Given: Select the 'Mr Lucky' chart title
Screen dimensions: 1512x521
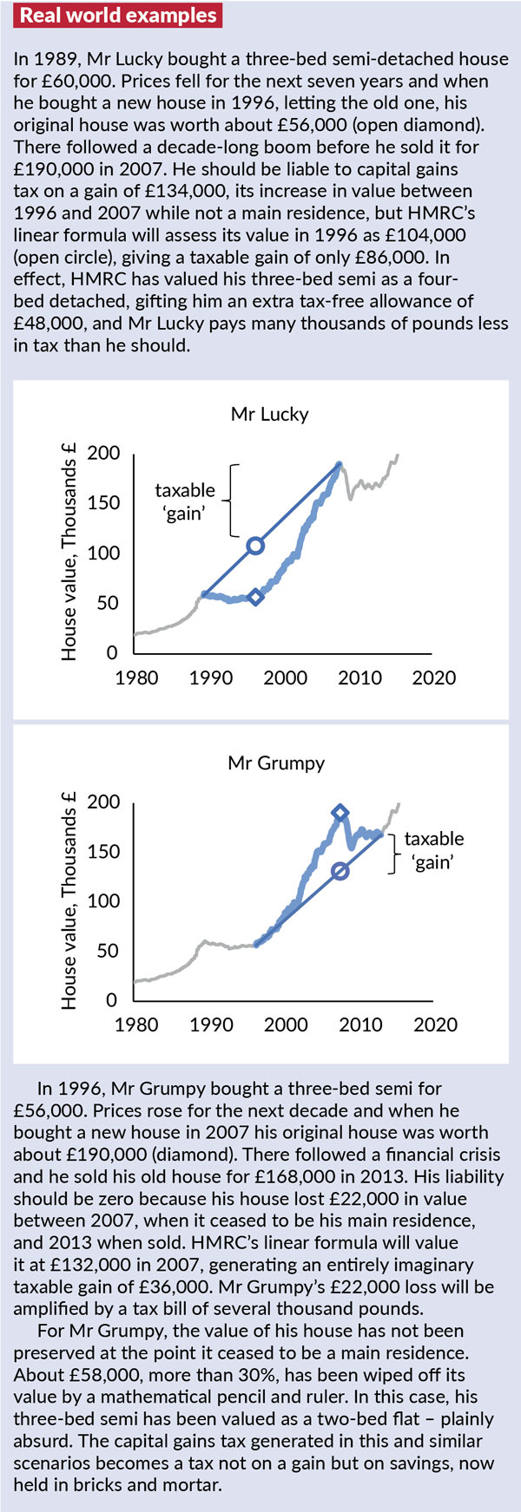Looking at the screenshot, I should coord(269,414).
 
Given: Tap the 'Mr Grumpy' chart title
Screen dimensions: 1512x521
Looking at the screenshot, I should coord(276,763).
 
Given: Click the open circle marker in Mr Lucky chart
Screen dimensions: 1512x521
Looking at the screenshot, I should coord(255,546).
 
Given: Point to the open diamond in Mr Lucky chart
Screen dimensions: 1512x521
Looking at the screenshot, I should coord(255,597).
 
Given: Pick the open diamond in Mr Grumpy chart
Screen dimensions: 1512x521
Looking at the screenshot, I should coord(340,813).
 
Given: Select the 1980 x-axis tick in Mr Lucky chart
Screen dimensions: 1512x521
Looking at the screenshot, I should coord(137,677).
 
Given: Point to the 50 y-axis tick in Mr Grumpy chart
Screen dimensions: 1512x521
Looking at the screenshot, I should coord(110,951).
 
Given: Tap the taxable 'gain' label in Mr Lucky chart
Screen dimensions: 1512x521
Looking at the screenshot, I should coord(185,501).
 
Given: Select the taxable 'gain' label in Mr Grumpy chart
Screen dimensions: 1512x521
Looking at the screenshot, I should coord(434,850).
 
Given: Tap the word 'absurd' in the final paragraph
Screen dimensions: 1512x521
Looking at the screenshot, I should coord(40,1443).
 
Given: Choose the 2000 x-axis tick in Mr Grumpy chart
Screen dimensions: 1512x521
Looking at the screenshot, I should coord(286,1024).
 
